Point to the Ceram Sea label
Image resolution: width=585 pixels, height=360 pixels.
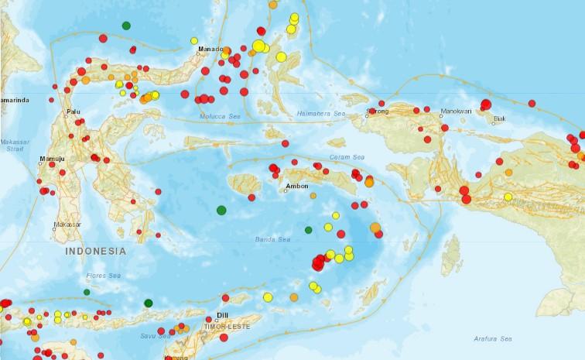pyautogui.click(x=347, y=157)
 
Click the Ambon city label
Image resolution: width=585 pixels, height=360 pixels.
pyautogui.click(x=297, y=186)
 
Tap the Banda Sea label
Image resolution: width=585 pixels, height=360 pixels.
pyautogui.click(x=271, y=239)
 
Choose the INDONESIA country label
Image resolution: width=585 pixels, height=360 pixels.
pyautogui.click(x=95, y=251)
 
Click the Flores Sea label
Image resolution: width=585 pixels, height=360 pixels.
pyautogui.click(x=104, y=276)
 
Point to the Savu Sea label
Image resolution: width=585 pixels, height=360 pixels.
pyautogui.click(x=156, y=336)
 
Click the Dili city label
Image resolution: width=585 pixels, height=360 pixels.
pyautogui.click(x=223, y=315)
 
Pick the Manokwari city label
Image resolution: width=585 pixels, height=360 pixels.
pyautogui.click(x=456, y=111)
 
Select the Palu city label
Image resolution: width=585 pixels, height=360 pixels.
pyautogui.click(x=74, y=111)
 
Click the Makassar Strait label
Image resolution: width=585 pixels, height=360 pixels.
pyautogui.click(x=13, y=146)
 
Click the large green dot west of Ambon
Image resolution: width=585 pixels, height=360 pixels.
pyautogui.click(x=221, y=210)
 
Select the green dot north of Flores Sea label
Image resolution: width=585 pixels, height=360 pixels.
pyautogui.click(x=87, y=292)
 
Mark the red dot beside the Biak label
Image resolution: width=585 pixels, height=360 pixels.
pyautogui.click(x=492, y=120)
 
